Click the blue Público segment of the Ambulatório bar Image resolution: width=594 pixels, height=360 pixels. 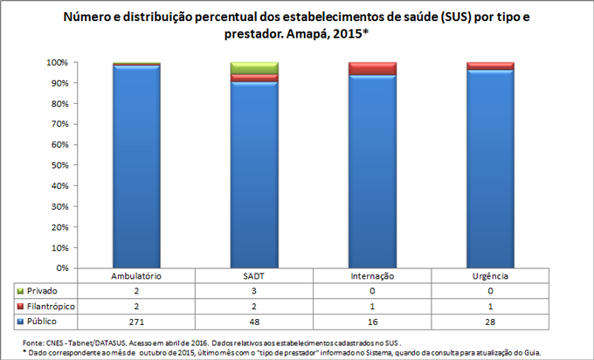point(136,166)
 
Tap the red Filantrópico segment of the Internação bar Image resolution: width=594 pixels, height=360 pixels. point(372,68)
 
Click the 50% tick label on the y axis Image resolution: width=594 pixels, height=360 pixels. point(59,166)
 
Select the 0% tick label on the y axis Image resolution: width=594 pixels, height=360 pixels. point(62,268)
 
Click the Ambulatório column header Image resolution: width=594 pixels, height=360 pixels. point(136,276)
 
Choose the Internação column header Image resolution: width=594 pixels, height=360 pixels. point(372,276)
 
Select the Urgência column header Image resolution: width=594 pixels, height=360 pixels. point(490,276)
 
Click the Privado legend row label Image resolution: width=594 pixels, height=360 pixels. point(44,291)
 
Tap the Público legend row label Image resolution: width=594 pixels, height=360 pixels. point(45,322)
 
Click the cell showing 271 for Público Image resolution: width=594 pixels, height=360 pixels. point(136,322)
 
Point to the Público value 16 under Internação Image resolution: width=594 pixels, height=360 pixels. point(372,322)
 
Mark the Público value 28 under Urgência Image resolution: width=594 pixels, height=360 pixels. point(490,322)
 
